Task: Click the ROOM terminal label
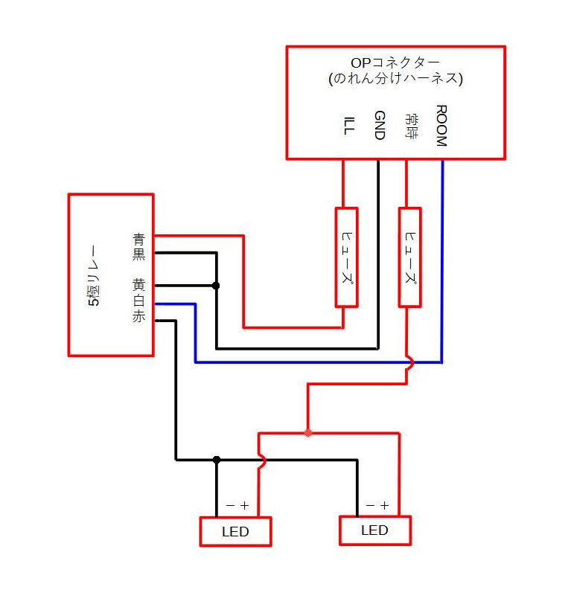coord(441,126)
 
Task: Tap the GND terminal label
coord(380,125)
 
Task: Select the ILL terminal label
coord(349,126)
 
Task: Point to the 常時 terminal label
coord(411,126)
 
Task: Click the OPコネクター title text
coord(395,62)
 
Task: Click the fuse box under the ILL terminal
coord(347,257)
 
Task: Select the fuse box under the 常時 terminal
coord(409,257)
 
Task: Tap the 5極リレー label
coord(94,275)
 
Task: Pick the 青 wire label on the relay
coord(139,239)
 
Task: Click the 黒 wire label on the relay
coord(139,254)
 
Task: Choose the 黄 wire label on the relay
coord(139,285)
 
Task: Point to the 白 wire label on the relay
coord(139,301)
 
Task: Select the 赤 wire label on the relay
coord(139,316)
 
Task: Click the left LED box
coord(235,531)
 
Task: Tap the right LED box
coord(375,530)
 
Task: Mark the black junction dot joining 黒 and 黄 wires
coord(216,286)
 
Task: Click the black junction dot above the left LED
coord(217,460)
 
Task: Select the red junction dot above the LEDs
coord(308,433)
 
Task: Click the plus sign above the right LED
coord(385,505)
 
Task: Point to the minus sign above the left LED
coord(231,505)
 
